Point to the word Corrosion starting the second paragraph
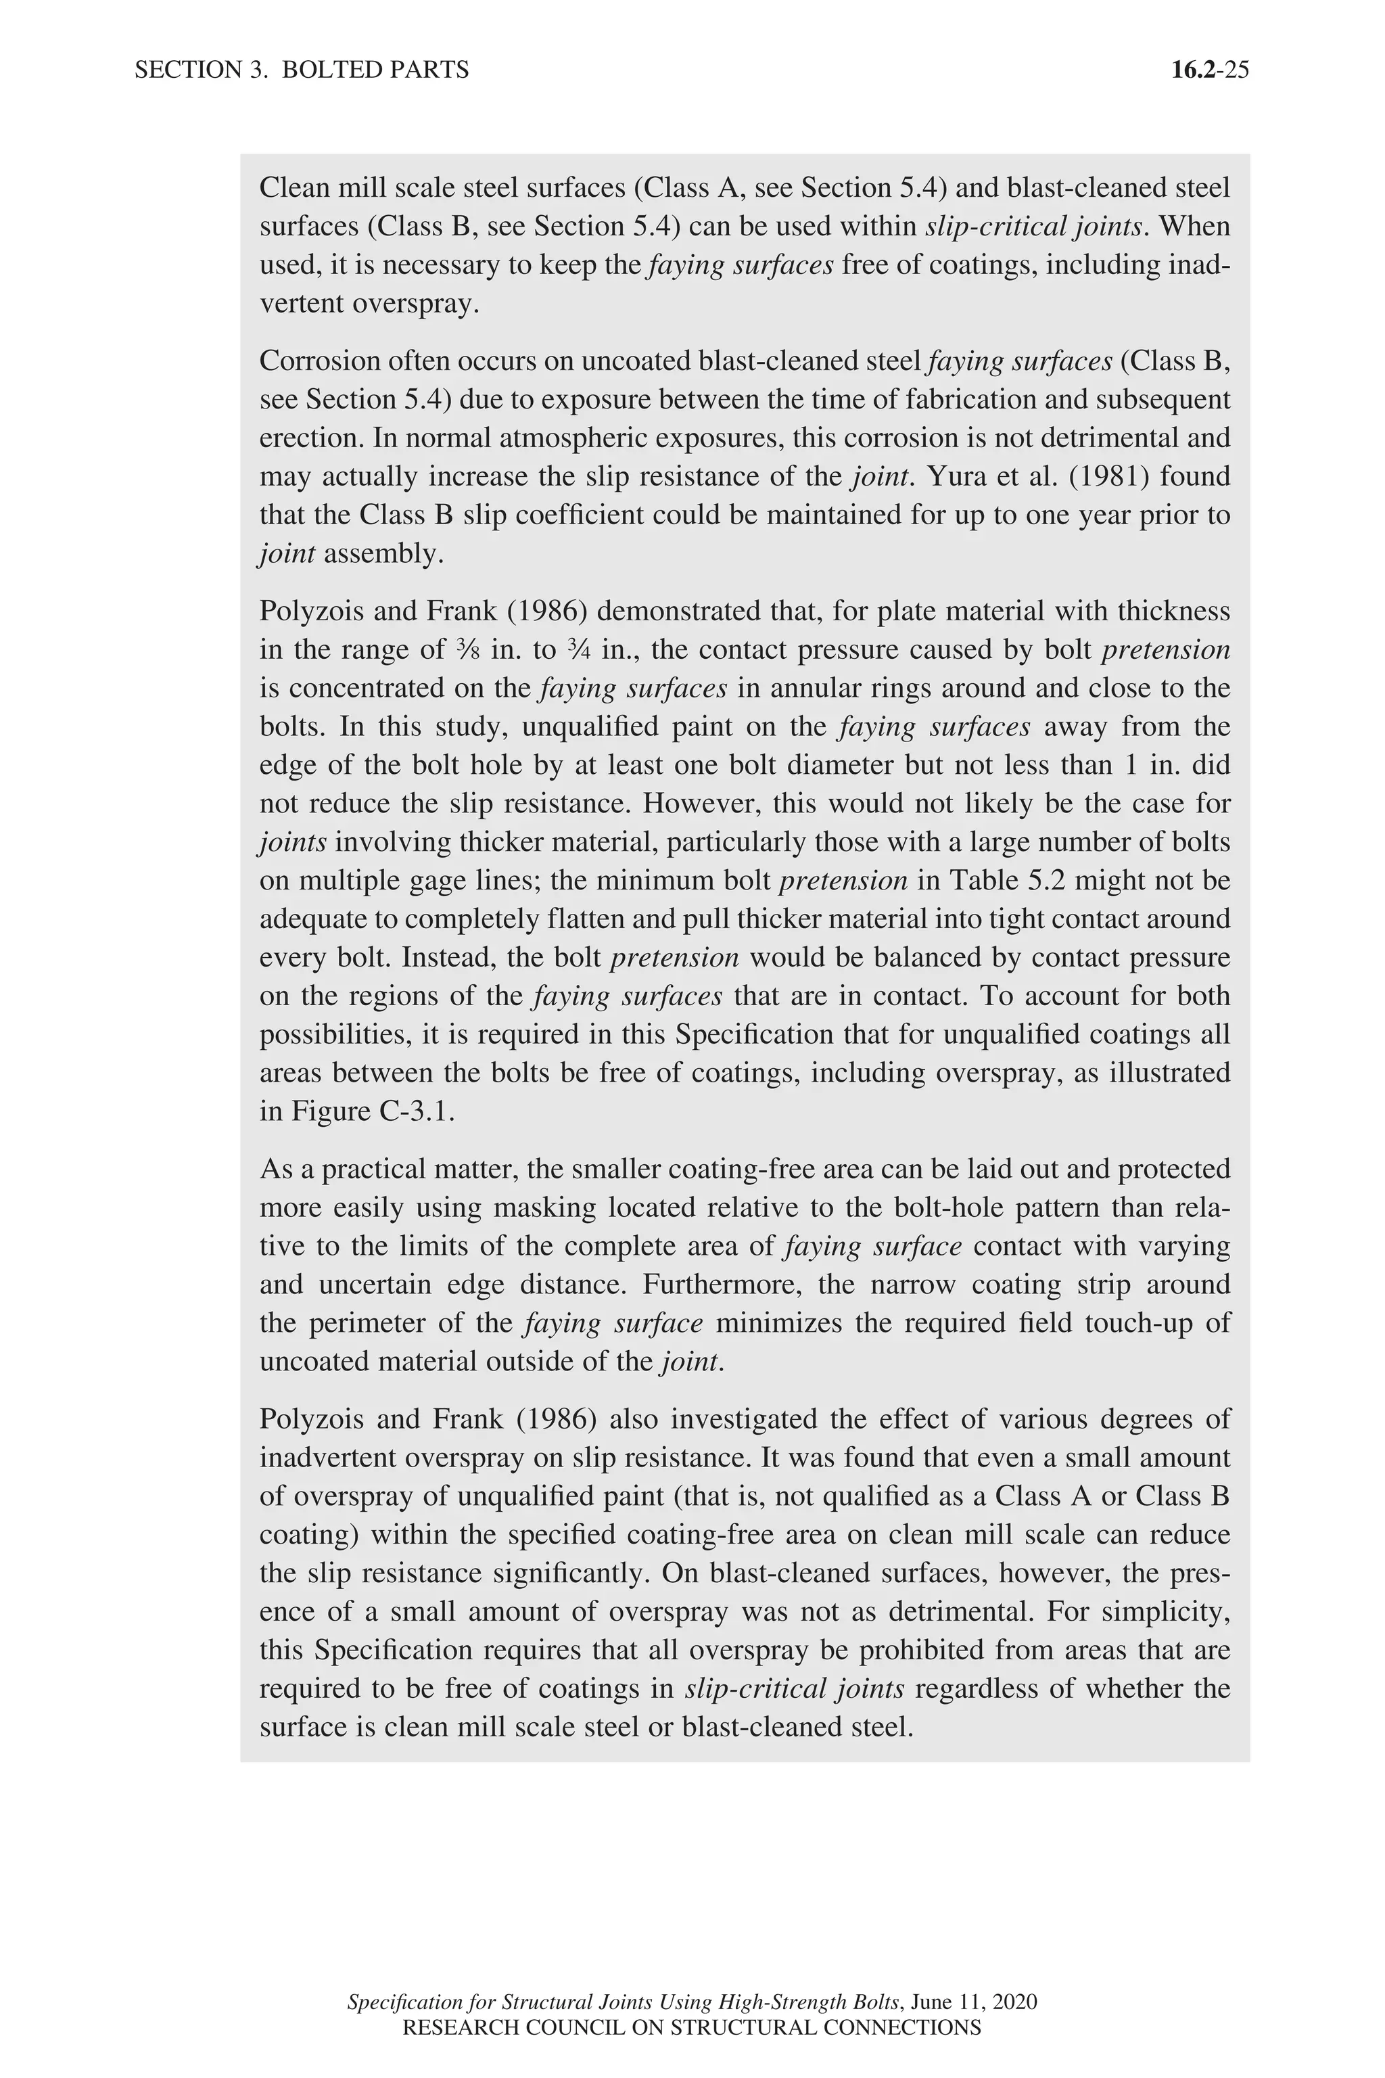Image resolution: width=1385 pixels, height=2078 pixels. point(318,361)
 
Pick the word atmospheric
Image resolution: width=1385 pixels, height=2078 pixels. point(578,438)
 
